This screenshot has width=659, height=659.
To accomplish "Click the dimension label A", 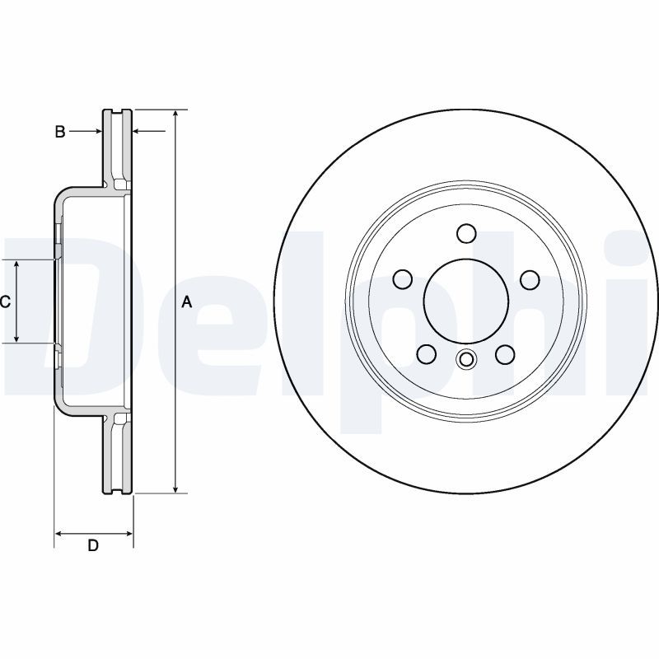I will (186, 303).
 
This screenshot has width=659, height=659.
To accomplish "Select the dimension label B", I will (59, 131).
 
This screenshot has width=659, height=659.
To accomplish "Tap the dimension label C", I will (5, 301).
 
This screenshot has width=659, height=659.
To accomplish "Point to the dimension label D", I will (93, 546).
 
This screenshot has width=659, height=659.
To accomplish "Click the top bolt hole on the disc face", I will (466, 233).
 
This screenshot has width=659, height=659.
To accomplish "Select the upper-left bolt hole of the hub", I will (403, 279).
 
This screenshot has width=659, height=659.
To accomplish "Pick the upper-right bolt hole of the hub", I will (530, 279).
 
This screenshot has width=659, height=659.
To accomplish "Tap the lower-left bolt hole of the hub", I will (427, 353).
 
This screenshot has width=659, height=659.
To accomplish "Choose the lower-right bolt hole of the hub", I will (505, 353).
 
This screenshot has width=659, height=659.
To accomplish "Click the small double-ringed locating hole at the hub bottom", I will (466, 359).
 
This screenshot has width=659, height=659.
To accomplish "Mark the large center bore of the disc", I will (466, 301).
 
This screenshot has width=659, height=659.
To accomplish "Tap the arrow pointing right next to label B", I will (96, 131).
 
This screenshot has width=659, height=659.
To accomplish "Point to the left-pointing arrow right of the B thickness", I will (138, 131).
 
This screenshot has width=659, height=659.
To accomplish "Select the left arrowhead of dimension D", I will (59, 534).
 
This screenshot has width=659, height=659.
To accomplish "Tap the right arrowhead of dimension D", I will (129, 534).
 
